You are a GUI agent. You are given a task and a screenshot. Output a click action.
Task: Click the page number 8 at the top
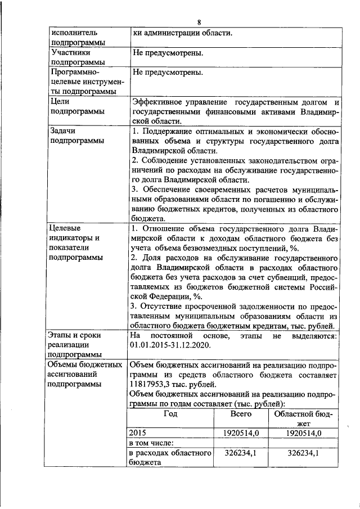coord(199,22)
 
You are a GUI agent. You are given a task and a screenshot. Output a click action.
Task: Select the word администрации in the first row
coord(169,33)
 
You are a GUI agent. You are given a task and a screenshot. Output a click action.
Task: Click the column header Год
coord(170,414)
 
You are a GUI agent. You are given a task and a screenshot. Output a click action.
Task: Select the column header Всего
coord(241,414)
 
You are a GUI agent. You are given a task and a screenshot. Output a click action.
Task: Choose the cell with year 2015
coord(138,433)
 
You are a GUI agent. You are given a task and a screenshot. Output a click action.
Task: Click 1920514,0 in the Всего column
coord(241,433)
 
